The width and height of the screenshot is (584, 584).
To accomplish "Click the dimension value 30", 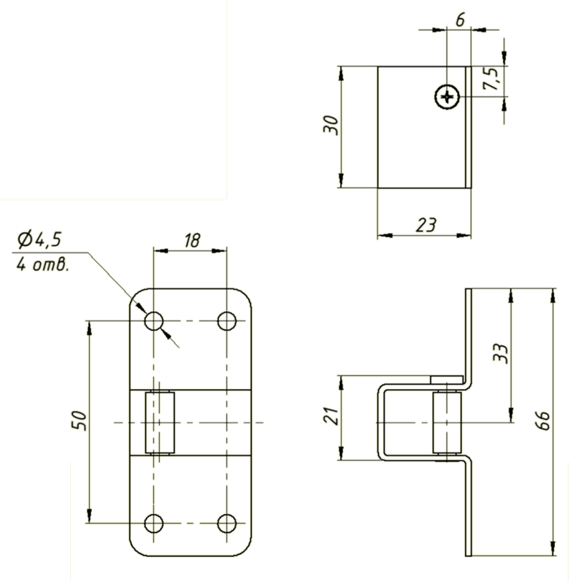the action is [331, 125].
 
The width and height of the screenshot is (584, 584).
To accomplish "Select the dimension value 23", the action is [426, 225].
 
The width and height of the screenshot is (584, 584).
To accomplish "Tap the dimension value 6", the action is [461, 20].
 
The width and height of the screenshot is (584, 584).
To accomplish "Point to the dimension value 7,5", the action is [491, 79].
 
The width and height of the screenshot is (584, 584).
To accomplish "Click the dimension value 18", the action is [192, 241].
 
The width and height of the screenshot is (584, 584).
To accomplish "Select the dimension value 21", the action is [331, 416].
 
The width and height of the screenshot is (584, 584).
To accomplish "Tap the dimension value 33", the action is [500, 353].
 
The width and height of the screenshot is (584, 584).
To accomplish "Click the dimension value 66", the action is [544, 420].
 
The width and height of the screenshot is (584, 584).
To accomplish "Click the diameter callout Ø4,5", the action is [39, 239].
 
